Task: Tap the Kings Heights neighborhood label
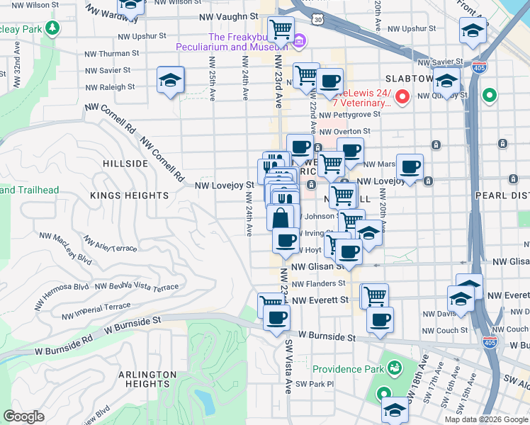(x=130, y=195)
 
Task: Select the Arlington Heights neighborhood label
(x=147, y=379)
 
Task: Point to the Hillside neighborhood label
(x=125, y=163)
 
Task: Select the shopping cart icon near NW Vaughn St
(x=281, y=30)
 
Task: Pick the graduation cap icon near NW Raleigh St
(x=171, y=81)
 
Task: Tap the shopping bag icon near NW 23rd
(x=281, y=217)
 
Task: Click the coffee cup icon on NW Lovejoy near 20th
(x=410, y=168)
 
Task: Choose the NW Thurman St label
(x=111, y=54)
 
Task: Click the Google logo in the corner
(x=23, y=416)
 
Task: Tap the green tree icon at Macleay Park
(x=52, y=28)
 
